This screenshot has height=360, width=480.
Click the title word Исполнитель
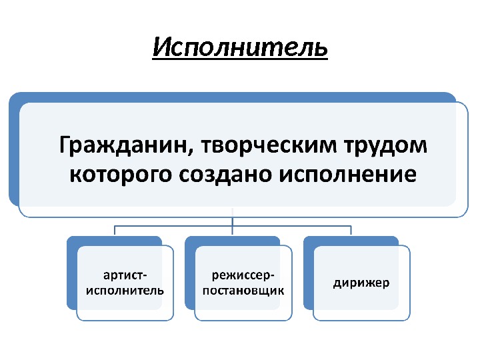[240, 47]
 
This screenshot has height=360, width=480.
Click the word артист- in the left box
[125, 275]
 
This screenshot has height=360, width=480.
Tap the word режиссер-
[243, 275]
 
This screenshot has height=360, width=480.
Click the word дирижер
[362, 283]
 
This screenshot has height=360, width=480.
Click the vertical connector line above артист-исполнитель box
[115, 231]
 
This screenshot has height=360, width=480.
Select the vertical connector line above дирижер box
[351, 231]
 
